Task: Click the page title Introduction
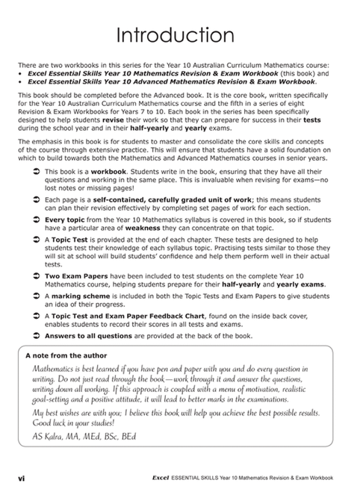(179, 35)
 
